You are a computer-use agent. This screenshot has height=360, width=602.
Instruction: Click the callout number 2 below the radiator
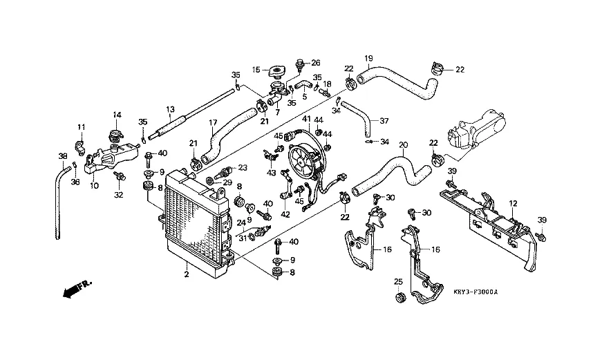point(186,274)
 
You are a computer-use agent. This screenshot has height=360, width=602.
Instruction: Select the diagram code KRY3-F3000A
point(477,292)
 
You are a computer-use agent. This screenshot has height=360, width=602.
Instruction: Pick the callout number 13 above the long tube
point(170,109)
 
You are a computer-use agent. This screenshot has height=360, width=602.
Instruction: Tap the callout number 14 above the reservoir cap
point(117,115)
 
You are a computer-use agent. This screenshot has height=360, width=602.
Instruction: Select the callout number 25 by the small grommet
point(397,281)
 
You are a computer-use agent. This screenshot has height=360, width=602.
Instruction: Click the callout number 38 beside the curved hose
point(62,156)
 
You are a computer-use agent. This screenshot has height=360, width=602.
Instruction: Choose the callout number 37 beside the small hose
point(384,120)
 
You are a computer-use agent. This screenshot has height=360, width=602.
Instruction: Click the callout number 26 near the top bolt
point(315,62)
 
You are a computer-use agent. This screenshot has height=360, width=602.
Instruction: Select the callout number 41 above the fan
point(305,120)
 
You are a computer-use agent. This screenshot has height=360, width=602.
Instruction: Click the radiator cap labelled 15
point(279,70)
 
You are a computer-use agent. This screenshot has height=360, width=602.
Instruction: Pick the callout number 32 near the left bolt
point(118,195)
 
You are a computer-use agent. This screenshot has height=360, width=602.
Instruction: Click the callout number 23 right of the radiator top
point(243,168)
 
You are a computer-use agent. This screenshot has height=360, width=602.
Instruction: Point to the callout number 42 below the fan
point(285,215)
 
